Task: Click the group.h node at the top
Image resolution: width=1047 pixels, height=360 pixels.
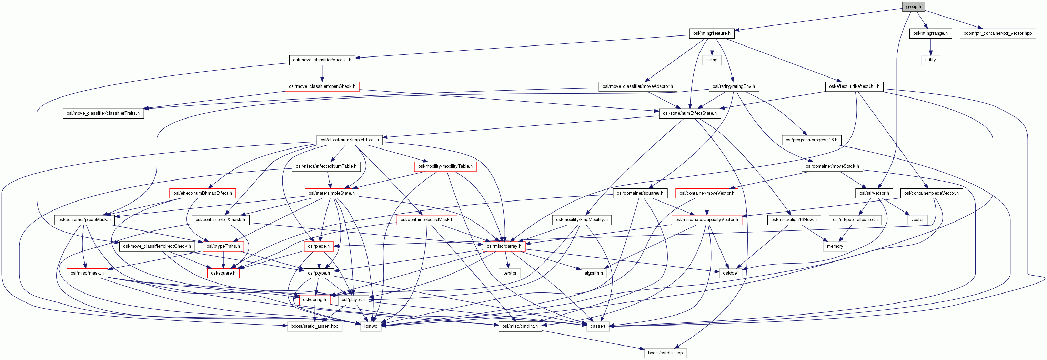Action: click(913, 7)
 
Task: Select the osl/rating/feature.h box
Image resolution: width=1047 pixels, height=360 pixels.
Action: click(712, 33)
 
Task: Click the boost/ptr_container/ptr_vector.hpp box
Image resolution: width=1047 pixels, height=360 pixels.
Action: click(997, 33)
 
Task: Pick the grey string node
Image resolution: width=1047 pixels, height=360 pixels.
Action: click(712, 60)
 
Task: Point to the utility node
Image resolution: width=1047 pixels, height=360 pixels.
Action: click(930, 60)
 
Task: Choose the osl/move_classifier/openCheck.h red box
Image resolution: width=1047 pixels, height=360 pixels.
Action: click(322, 86)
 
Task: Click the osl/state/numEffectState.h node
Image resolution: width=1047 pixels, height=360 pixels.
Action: click(690, 113)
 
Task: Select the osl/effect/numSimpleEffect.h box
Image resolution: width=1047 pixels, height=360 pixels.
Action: click(350, 140)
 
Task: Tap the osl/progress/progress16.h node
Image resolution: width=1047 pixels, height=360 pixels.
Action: click(811, 140)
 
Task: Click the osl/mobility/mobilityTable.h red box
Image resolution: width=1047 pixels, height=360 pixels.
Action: click(445, 166)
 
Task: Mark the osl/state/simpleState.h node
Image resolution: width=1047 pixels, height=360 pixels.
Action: click(331, 193)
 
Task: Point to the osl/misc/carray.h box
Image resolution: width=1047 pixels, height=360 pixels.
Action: click(504, 246)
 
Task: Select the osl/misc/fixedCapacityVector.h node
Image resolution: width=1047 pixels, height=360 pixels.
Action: click(706, 220)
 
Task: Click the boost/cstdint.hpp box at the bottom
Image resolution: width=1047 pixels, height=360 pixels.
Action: click(665, 353)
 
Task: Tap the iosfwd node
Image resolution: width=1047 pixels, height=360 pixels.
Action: click(371, 326)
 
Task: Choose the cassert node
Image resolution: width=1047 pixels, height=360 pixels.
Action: click(597, 326)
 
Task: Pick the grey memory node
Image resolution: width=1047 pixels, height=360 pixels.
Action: click(835, 246)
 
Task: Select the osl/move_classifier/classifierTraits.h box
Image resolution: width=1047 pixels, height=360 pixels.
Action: click(103, 113)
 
